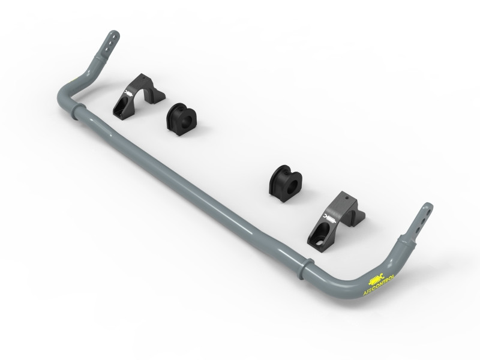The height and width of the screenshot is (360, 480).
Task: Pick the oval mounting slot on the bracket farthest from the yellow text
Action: click(x=121, y=107)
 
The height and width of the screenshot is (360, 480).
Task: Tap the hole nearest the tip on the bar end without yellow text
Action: click(x=112, y=37)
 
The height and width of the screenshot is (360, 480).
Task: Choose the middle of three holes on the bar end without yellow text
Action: click(x=110, y=45)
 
